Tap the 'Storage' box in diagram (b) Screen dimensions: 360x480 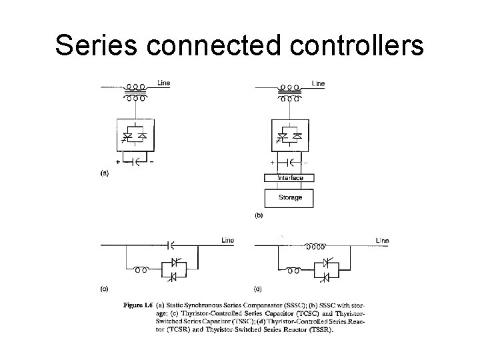point(291,197)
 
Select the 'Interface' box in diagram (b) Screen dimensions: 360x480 point(291,178)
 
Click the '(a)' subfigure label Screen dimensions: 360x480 point(104,172)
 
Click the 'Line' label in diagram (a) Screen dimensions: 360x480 point(163,83)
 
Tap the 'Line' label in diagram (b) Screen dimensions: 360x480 point(318,83)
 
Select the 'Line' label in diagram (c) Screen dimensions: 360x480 point(228,240)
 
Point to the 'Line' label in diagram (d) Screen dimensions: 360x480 point(382,240)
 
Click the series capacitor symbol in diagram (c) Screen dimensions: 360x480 point(169,245)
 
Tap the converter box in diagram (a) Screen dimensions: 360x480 point(137,135)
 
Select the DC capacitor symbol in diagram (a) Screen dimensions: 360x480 point(137,161)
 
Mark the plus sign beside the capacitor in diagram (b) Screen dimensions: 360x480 point(272,162)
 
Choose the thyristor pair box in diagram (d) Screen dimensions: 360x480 point(327,270)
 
